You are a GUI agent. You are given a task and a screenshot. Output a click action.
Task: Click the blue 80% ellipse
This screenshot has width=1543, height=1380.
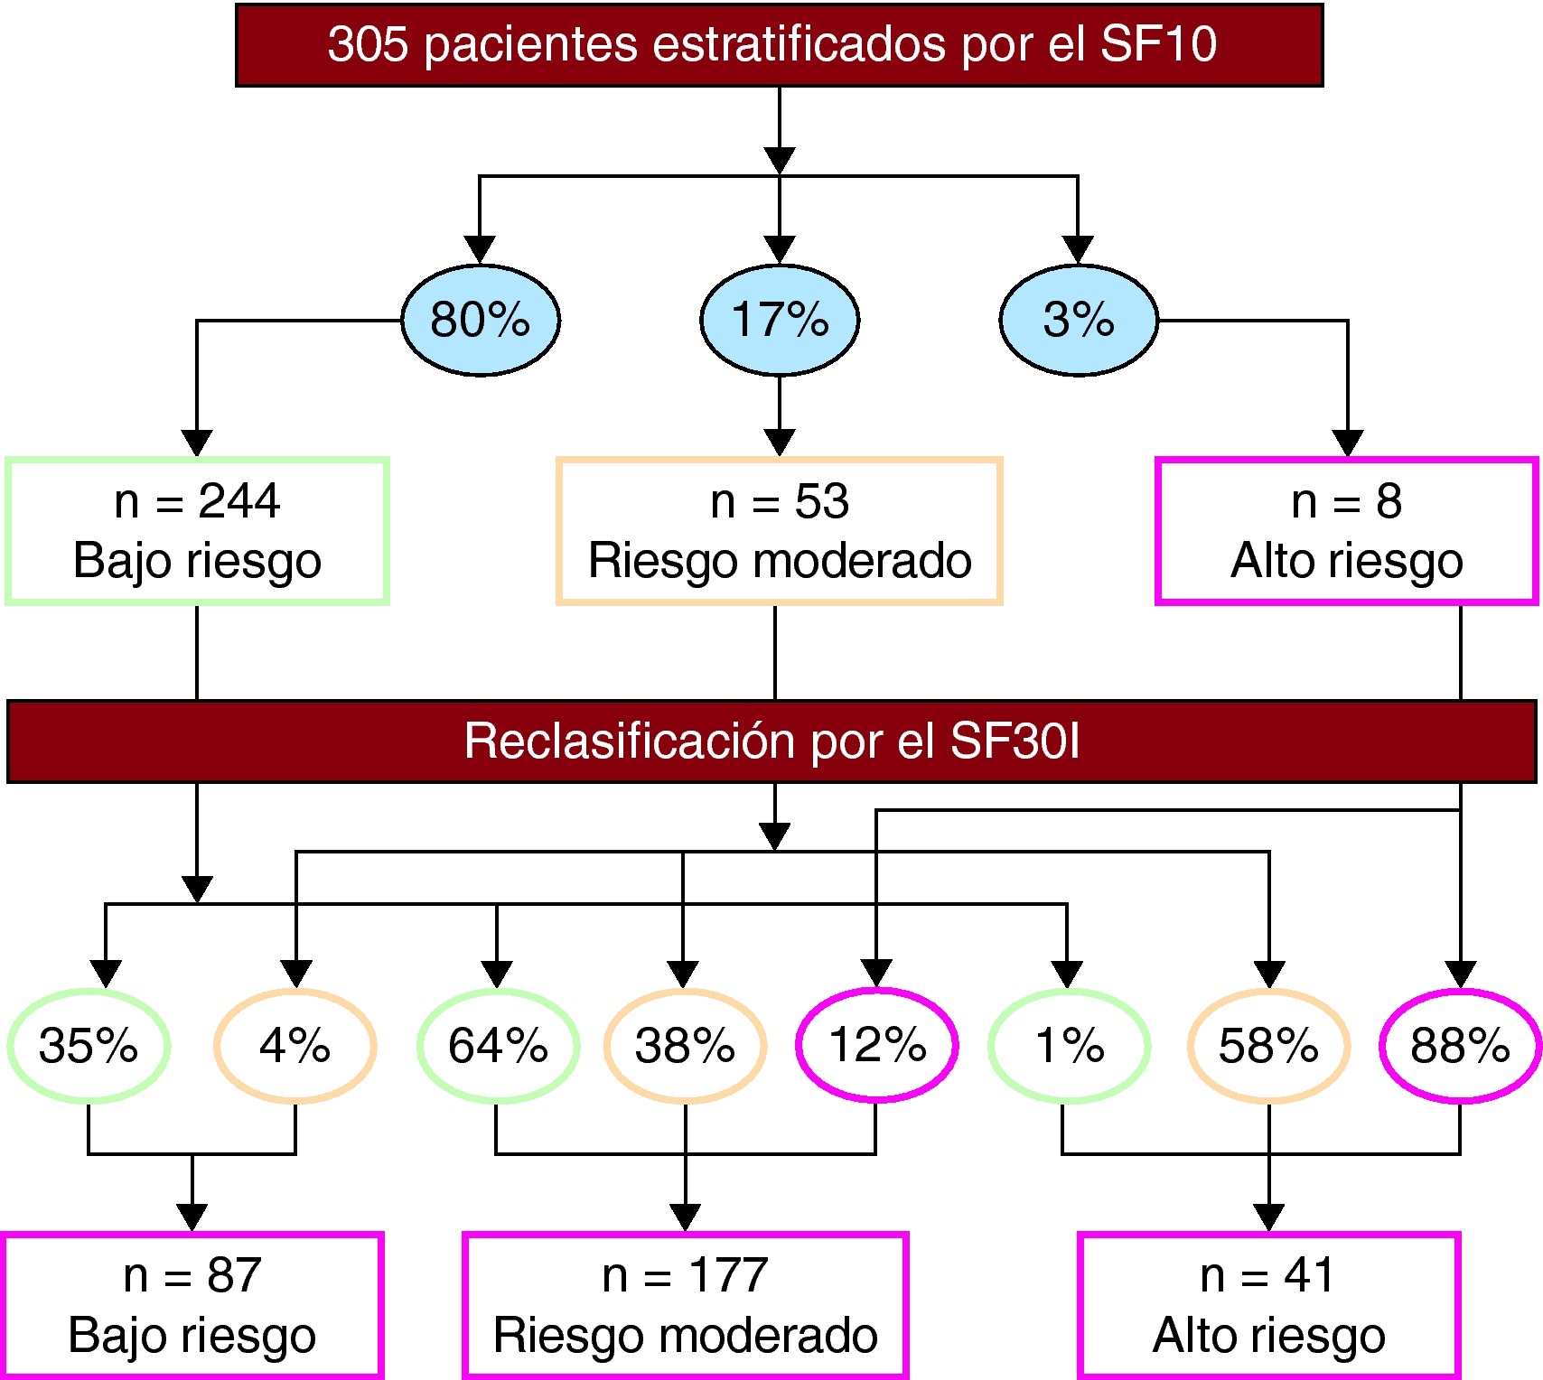[481, 320]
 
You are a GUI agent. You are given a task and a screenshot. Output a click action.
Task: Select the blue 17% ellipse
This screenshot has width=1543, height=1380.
[780, 320]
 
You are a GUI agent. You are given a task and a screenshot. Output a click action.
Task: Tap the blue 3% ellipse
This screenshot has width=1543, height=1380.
[1079, 320]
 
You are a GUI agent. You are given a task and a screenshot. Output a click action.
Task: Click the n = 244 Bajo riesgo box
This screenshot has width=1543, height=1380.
[197, 531]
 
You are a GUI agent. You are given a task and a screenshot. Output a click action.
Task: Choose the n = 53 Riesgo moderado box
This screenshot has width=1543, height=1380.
[780, 531]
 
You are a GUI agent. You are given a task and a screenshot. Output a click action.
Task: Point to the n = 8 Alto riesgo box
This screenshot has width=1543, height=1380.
[1347, 531]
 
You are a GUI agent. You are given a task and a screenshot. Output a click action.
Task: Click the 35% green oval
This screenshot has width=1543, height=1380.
[89, 1046]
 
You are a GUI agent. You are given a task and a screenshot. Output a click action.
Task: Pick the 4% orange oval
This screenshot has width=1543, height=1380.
[295, 1046]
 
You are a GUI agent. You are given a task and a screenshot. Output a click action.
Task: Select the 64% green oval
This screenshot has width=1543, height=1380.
[498, 1046]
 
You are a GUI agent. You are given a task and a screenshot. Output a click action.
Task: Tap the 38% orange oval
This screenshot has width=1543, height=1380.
[685, 1046]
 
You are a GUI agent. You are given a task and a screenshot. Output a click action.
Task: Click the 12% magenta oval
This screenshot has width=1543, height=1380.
[877, 1045]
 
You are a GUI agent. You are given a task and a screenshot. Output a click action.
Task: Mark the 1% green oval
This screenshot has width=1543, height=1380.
[1069, 1046]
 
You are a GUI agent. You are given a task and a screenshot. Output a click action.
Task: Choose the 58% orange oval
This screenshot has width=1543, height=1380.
[1268, 1046]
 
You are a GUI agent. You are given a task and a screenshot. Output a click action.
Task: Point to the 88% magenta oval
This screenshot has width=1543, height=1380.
[1460, 1046]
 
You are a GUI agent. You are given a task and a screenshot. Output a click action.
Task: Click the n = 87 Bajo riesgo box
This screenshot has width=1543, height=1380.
[192, 1305]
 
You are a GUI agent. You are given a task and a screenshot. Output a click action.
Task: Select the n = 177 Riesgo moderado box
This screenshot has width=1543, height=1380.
[686, 1305]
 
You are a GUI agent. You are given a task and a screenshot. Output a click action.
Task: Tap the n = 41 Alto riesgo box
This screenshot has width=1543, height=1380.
[1268, 1305]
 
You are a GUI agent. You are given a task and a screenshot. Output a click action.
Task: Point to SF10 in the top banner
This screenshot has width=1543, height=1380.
[1159, 44]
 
